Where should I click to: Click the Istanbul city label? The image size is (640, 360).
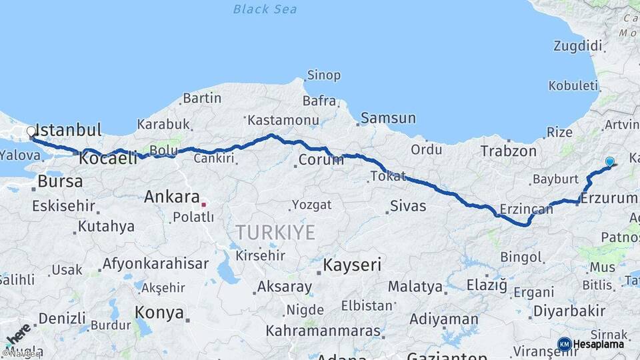[68, 129]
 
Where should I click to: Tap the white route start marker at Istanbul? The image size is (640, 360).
[31, 132]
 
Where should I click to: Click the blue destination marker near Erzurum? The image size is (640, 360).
[609, 161]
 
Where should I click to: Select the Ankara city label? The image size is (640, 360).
[172, 197]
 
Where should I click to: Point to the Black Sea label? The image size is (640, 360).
[265, 9]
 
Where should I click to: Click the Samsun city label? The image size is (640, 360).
[388, 119]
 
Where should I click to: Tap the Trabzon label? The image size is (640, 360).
[510, 151]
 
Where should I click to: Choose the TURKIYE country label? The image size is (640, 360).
[274, 232]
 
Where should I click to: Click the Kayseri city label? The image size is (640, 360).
[352, 265]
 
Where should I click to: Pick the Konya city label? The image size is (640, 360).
[159, 312]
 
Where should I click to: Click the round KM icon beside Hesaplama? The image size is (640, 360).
[564, 344]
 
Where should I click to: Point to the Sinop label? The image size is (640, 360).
[323, 76]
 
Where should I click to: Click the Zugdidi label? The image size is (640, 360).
[577, 46]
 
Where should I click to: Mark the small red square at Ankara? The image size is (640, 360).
[203, 205]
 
